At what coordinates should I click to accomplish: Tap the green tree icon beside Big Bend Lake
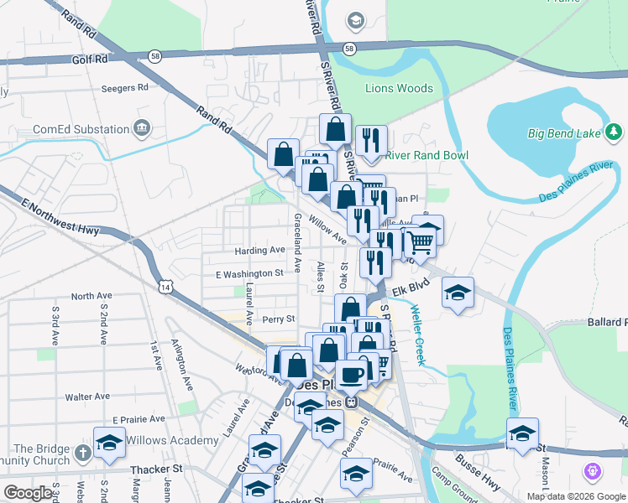614,132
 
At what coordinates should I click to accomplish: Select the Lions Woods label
399,88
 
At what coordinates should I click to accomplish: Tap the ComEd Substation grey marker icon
141,128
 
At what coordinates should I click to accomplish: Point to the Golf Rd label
90,60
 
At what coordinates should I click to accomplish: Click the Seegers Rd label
123,86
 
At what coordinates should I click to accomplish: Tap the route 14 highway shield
166,287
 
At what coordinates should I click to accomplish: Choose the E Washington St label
249,273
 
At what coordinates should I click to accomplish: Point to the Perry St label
278,319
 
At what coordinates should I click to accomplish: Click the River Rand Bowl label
427,155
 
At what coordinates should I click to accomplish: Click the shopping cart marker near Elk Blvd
421,241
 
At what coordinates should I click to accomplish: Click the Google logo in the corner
28,493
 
